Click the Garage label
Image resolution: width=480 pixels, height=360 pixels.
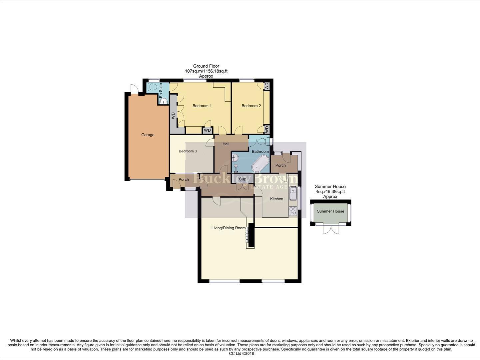click(148, 135)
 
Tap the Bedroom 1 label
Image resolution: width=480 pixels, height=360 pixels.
click(202, 106)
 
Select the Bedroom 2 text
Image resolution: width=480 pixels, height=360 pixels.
click(251, 106)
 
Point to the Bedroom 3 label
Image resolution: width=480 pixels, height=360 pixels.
click(188, 151)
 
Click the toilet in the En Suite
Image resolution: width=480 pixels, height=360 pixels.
click(153, 87)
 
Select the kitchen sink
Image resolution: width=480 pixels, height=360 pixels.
click(293, 193)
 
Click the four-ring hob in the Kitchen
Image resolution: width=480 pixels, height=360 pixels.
click(293, 211)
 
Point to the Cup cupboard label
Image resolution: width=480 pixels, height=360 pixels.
click(242, 179)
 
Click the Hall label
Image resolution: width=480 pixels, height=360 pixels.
click(226, 144)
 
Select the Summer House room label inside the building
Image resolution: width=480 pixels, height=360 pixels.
click(330, 211)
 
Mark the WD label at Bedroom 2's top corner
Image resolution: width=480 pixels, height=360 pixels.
click(266, 86)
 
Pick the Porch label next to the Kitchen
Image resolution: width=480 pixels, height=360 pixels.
click(280, 165)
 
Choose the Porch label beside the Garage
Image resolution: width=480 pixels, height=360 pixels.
click(184, 180)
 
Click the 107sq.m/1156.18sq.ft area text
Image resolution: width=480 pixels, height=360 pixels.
click(206, 71)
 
